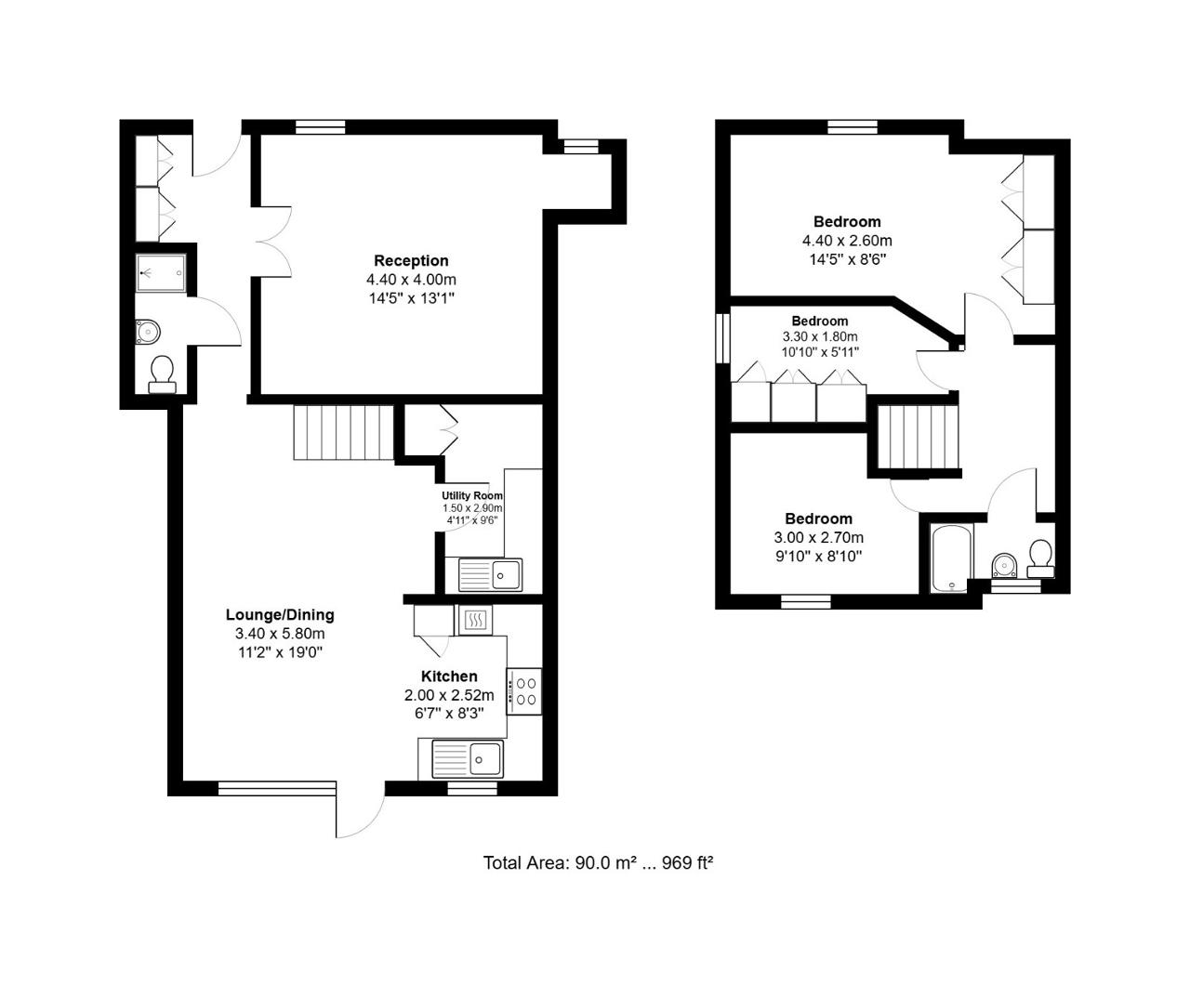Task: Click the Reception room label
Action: point(411,260)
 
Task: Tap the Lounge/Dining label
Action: point(280,614)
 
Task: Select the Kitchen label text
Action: point(449,676)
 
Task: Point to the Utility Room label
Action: point(472,495)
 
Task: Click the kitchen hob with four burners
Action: point(524,691)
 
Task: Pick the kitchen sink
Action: point(468,759)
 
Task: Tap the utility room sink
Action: point(490,575)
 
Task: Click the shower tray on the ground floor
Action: point(161,273)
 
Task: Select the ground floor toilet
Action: point(163,374)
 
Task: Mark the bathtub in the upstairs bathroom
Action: point(951,558)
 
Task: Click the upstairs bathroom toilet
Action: point(1040,558)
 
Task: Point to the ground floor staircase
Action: point(344,432)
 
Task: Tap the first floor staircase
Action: point(918,437)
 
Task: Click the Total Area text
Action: point(599,862)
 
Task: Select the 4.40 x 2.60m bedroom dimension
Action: point(848,241)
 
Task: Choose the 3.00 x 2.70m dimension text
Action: point(818,537)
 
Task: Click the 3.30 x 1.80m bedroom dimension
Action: point(820,336)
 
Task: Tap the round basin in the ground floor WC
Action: point(148,332)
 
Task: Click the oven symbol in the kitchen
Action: point(475,620)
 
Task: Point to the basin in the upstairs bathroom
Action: point(1004,565)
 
